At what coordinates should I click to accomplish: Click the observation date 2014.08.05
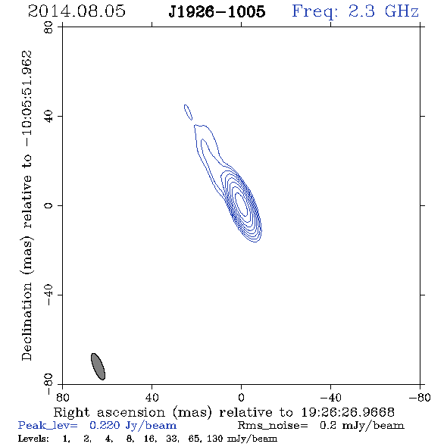[x=77, y=11]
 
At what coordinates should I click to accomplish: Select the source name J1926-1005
[x=217, y=11]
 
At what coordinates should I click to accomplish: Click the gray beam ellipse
[x=98, y=367]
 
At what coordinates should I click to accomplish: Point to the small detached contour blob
[x=188, y=112]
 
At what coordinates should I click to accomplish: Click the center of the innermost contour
[x=242, y=204]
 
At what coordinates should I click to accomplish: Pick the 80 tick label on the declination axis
[x=48, y=27]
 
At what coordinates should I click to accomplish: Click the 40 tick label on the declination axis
[x=48, y=117]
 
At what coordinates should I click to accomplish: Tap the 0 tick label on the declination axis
[x=48, y=205]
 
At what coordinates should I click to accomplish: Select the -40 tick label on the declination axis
[x=48, y=295]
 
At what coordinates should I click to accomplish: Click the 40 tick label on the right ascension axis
[x=152, y=398]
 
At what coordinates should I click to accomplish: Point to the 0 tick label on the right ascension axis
[x=241, y=398]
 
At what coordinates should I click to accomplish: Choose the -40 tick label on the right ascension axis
[x=330, y=398]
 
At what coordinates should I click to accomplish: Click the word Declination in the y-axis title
[x=27, y=321]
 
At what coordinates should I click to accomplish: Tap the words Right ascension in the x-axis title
[x=109, y=412]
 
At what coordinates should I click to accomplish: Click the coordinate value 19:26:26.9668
[x=348, y=412]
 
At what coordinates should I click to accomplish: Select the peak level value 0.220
[x=105, y=425]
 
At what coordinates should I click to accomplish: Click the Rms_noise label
[x=273, y=426]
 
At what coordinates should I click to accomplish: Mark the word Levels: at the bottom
[x=33, y=438]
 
